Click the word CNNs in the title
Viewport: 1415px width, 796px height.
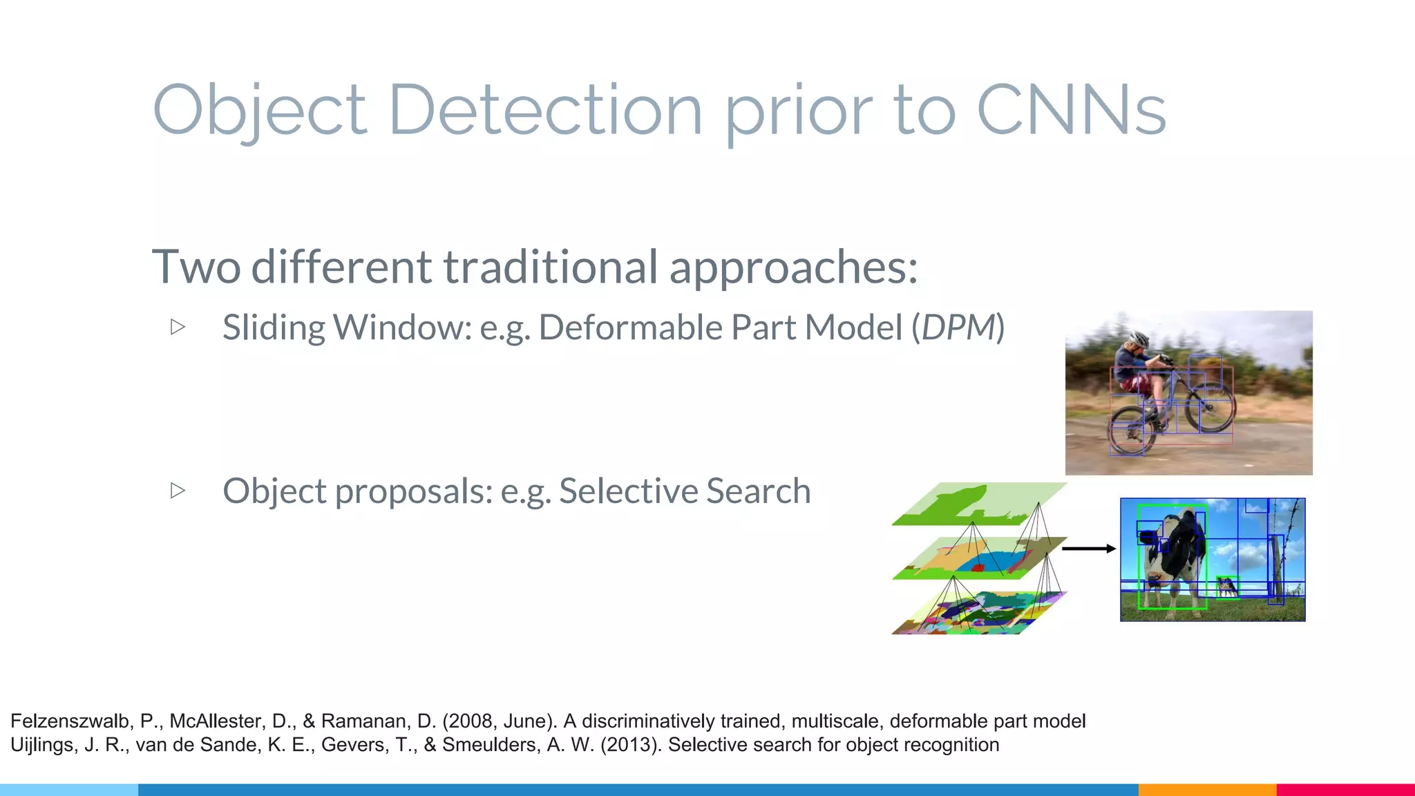click(x=1071, y=111)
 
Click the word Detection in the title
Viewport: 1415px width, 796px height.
click(x=545, y=111)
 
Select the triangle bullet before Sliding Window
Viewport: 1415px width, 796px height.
click(x=178, y=326)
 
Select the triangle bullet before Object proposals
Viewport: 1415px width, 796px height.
click(x=178, y=490)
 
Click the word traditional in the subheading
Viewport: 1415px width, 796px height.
click(x=550, y=267)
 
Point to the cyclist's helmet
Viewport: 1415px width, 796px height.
click(x=1139, y=339)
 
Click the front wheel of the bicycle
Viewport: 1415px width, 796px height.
click(x=1210, y=407)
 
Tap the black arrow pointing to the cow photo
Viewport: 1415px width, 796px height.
click(x=1088, y=549)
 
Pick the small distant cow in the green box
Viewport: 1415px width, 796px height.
click(x=1227, y=587)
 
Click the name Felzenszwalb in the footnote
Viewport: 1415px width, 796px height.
click(x=70, y=721)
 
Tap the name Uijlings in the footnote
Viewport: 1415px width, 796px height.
click(x=41, y=745)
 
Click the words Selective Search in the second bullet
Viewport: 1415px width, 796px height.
click(x=684, y=491)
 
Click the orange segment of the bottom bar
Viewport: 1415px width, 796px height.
click(x=1207, y=789)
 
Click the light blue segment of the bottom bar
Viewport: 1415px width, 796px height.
click(x=69, y=789)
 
